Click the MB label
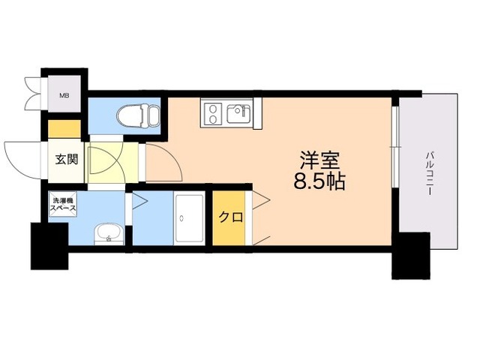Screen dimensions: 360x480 tap(64, 94)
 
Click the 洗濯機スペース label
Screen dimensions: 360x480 tap(63, 204)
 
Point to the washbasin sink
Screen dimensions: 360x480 tap(108, 234)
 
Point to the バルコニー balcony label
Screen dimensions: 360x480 tap(430, 173)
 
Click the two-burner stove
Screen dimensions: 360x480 tap(212, 114)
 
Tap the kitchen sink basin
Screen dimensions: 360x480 tap(239, 115)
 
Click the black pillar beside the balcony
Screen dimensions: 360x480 tap(410, 255)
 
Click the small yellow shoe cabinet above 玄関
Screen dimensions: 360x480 tap(64, 128)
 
